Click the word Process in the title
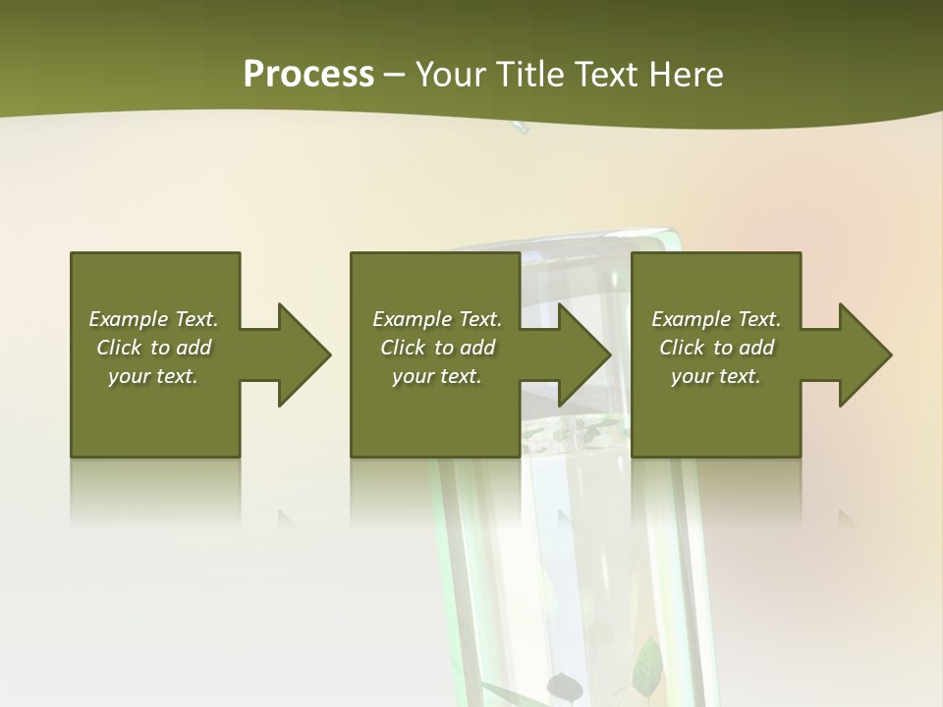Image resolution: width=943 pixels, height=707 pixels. tap(308, 75)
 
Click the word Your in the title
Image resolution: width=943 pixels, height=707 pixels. tap(452, 75)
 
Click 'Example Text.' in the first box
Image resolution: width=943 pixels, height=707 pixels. tap(153, 319)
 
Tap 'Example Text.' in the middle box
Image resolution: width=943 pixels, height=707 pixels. tap(437, 319)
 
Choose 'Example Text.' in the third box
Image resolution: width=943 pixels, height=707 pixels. tap(716, 319)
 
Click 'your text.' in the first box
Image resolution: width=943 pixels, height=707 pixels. tap(153, 376)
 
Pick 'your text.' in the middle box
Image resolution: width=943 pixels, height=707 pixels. tap(437, 376)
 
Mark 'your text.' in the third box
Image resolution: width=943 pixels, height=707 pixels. tap(716, 376)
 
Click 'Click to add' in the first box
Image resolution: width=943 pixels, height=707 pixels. tap(153, 348)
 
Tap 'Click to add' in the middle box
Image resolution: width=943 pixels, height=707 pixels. tap(437, 348)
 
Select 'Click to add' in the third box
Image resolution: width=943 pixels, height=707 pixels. tap(716, 348)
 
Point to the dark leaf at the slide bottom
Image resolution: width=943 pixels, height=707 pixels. tap(565, 685)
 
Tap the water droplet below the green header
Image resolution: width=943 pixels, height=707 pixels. tap(520, 127)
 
